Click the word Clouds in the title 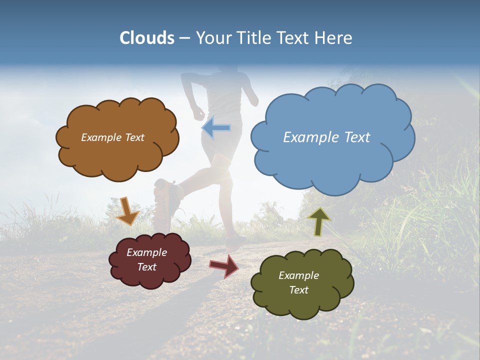147,38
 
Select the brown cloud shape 117,155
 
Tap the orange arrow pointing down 128,210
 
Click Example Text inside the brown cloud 112,137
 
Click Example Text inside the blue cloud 326,137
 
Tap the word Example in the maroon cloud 146,252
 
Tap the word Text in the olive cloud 298,290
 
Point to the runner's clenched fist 198,112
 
